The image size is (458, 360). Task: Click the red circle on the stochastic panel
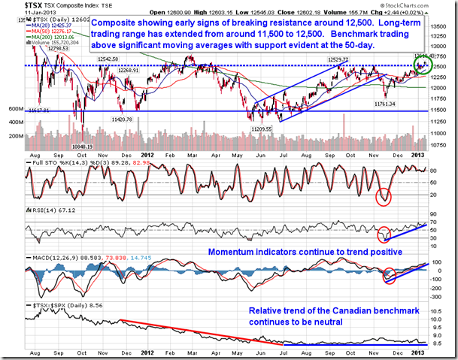pyautogui.click(x=386, y=198)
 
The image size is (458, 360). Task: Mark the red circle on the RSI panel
pyautogui.click(x=384, y=233)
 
